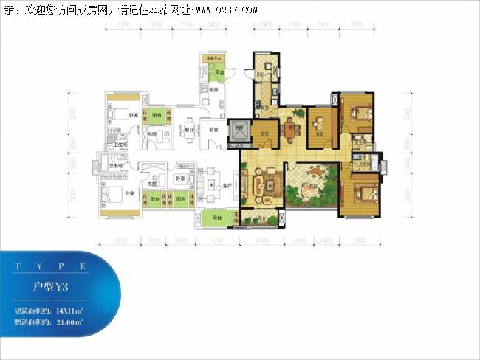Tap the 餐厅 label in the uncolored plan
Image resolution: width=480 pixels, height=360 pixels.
[188, 129]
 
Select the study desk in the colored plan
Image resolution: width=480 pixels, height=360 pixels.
[320, 122]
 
